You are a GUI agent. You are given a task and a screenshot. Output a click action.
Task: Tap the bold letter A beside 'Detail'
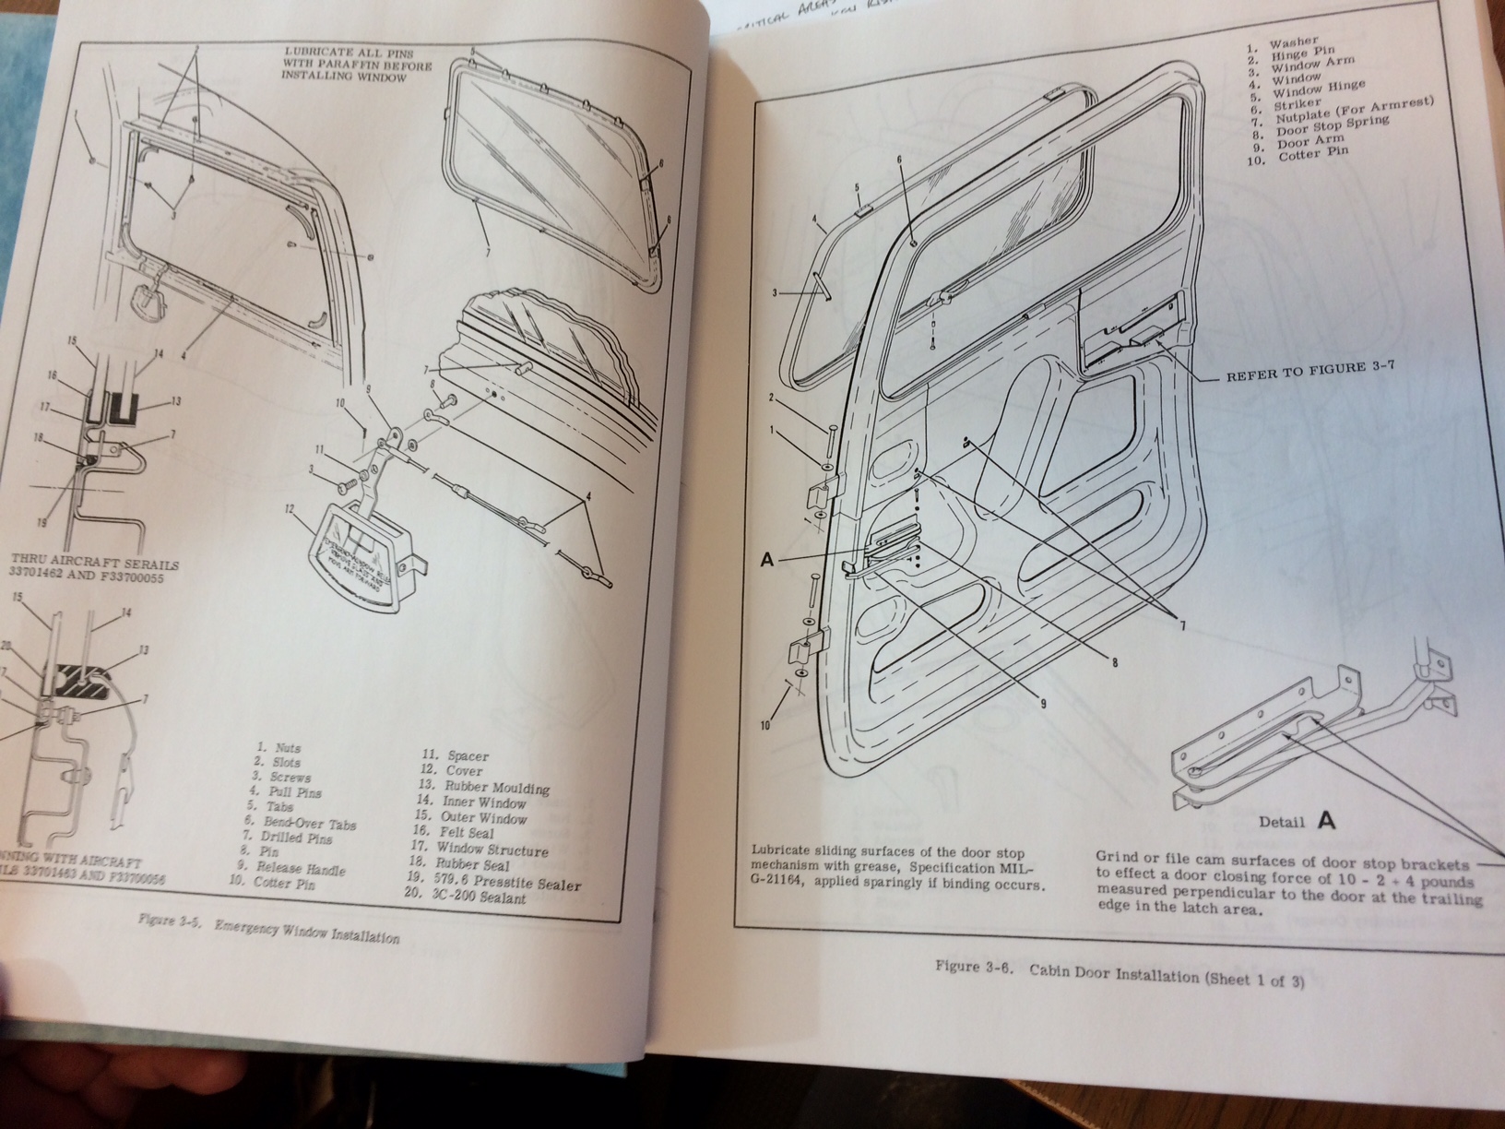pos(1326,819)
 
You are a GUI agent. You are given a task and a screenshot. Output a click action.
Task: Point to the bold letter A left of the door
pos(767,560)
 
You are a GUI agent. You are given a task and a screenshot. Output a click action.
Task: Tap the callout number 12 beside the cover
pos(290,508)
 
